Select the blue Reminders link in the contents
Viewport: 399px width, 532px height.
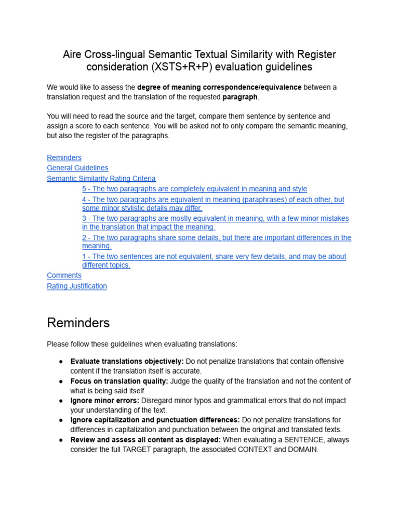click(x=64, y=157)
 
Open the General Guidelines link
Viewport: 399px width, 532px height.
click(x=77, y=168)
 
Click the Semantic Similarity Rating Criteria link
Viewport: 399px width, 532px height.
click(x=101, y=178)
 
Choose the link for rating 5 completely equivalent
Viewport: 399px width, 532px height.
click(x=194, y=189)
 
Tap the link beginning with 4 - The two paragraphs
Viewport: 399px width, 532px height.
click(x=213, y=199)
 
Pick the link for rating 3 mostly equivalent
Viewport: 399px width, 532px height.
click(x=215, y=219)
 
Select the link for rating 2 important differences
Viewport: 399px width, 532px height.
click(x=216, y=237)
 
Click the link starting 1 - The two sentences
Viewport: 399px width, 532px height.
click(x=214, y=257)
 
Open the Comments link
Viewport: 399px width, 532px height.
click(x=64, y=275)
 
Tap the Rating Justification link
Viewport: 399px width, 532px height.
click(x=77, y=286)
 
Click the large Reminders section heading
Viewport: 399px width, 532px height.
click(x=78, y=323)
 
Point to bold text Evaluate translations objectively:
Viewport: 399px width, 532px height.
click(x=127, y=361)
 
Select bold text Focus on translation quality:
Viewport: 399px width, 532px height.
click(x=119, y=381)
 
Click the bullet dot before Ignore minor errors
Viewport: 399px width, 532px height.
click(x=61, y=401)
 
